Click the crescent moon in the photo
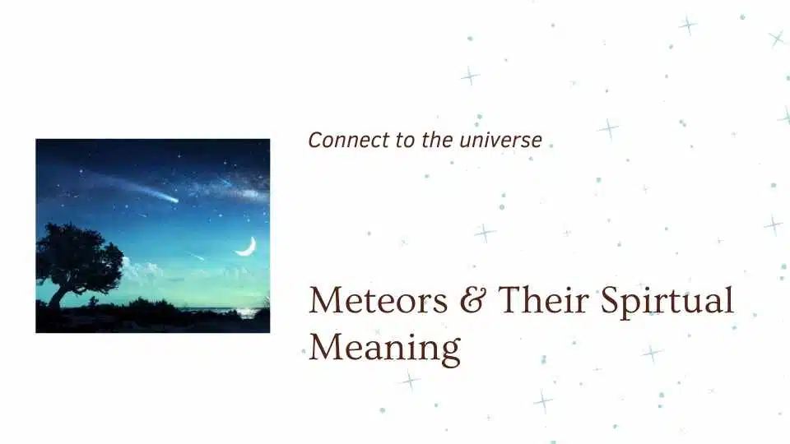coord(246,246)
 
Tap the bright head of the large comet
coord(173,199)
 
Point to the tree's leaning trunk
coord(58,293)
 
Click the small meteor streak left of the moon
coord(196,257)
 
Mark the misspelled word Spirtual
coord(667,303)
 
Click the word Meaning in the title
coord(384,348)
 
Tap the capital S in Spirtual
coord(611,301)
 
